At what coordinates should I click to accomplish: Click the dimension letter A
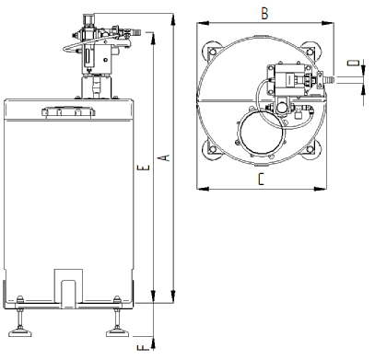click(165, 157)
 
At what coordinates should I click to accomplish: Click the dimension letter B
click(264, 14)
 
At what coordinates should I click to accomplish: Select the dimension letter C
click(261, 180)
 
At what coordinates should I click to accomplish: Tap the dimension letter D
click(353, 63)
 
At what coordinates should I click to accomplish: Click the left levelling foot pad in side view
click(20, 332)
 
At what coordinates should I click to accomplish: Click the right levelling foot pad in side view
click(117, 332)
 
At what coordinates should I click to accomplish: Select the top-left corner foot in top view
click(212, 51)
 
